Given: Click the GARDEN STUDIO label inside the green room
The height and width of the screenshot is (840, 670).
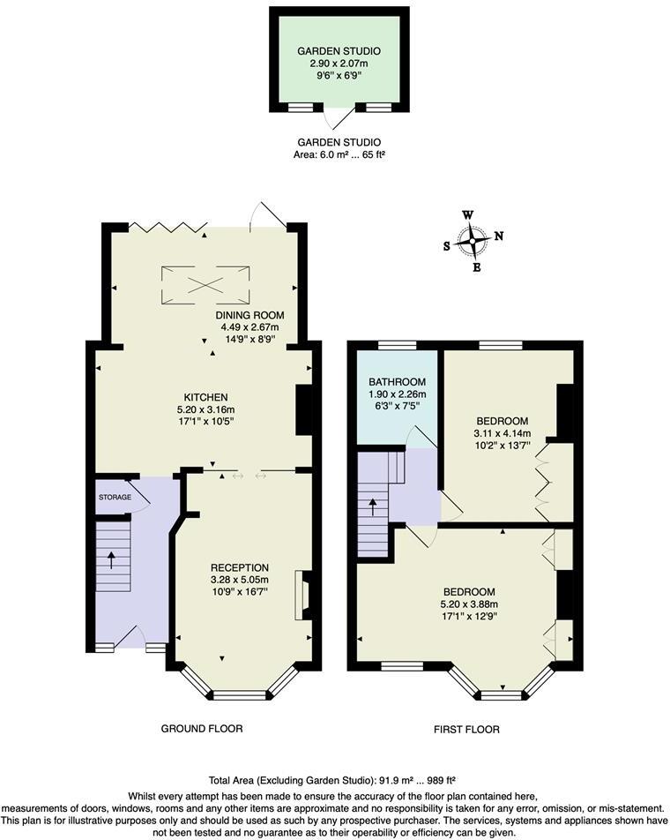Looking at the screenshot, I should [339, 51].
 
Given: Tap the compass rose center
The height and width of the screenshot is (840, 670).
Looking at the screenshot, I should [474, 240].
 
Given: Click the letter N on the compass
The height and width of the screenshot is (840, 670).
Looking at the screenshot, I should [499, 236].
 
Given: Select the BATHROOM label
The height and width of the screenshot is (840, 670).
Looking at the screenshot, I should [397, 382].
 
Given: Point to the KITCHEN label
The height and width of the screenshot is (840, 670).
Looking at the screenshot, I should [205, 397].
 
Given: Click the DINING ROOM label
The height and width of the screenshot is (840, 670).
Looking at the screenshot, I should [249, 315].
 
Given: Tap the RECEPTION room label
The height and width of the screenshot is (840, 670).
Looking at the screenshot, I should [239, 567].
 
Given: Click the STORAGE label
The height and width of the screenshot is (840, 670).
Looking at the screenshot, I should [114, 498].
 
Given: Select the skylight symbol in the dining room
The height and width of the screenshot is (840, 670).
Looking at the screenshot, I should [205, 283].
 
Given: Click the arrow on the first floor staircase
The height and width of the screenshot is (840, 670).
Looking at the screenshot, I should [372, 506].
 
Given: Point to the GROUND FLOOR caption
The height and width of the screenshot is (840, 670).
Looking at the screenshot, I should [202, 729].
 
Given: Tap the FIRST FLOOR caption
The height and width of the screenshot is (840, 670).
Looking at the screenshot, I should [466, 730].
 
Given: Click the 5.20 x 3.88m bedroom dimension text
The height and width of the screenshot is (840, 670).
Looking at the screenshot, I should [468, 604].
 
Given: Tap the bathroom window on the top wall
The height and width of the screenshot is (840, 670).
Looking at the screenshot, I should [398, 344].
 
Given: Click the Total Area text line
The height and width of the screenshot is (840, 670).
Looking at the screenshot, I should [331, 780].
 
